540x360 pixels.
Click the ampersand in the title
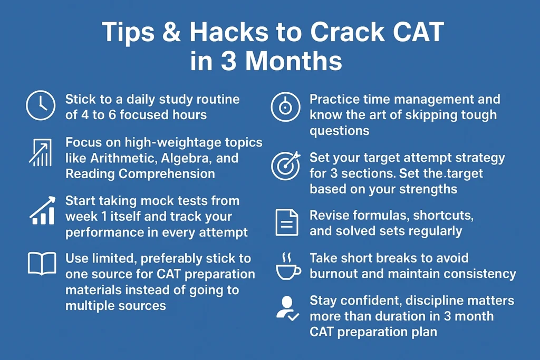171,32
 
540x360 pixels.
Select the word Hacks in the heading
229,32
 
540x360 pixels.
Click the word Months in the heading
294,61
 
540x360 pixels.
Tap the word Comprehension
167,174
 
